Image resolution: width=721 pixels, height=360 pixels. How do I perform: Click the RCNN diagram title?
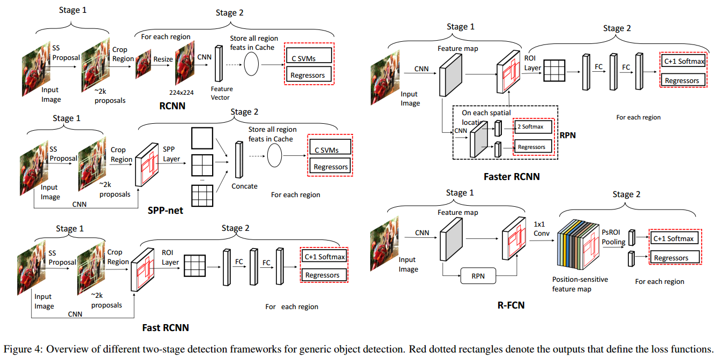click(172, 106)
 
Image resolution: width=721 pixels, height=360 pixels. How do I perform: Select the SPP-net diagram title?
click(165, 211)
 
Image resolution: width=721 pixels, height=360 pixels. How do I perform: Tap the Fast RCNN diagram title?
click(165, 327)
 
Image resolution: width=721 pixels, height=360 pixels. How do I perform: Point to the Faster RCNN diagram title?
click(512, 176)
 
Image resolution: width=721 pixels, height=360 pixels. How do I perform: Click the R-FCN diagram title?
click(511, 305)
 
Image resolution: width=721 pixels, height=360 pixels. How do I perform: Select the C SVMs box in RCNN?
click(309, 58)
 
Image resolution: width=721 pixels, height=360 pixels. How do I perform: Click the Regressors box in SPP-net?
click(331, 167)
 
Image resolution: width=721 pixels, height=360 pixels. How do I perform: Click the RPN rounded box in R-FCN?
click(478, 277)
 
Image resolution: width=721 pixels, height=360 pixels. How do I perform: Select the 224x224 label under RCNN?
click(181, 92)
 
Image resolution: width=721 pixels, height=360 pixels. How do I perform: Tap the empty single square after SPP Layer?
click(202, 138)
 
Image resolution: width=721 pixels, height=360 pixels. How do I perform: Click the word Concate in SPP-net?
click(244, 186)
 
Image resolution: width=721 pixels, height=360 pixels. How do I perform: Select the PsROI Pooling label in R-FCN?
click(613, 236)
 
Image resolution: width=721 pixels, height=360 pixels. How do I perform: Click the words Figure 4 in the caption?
click(23, 349)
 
